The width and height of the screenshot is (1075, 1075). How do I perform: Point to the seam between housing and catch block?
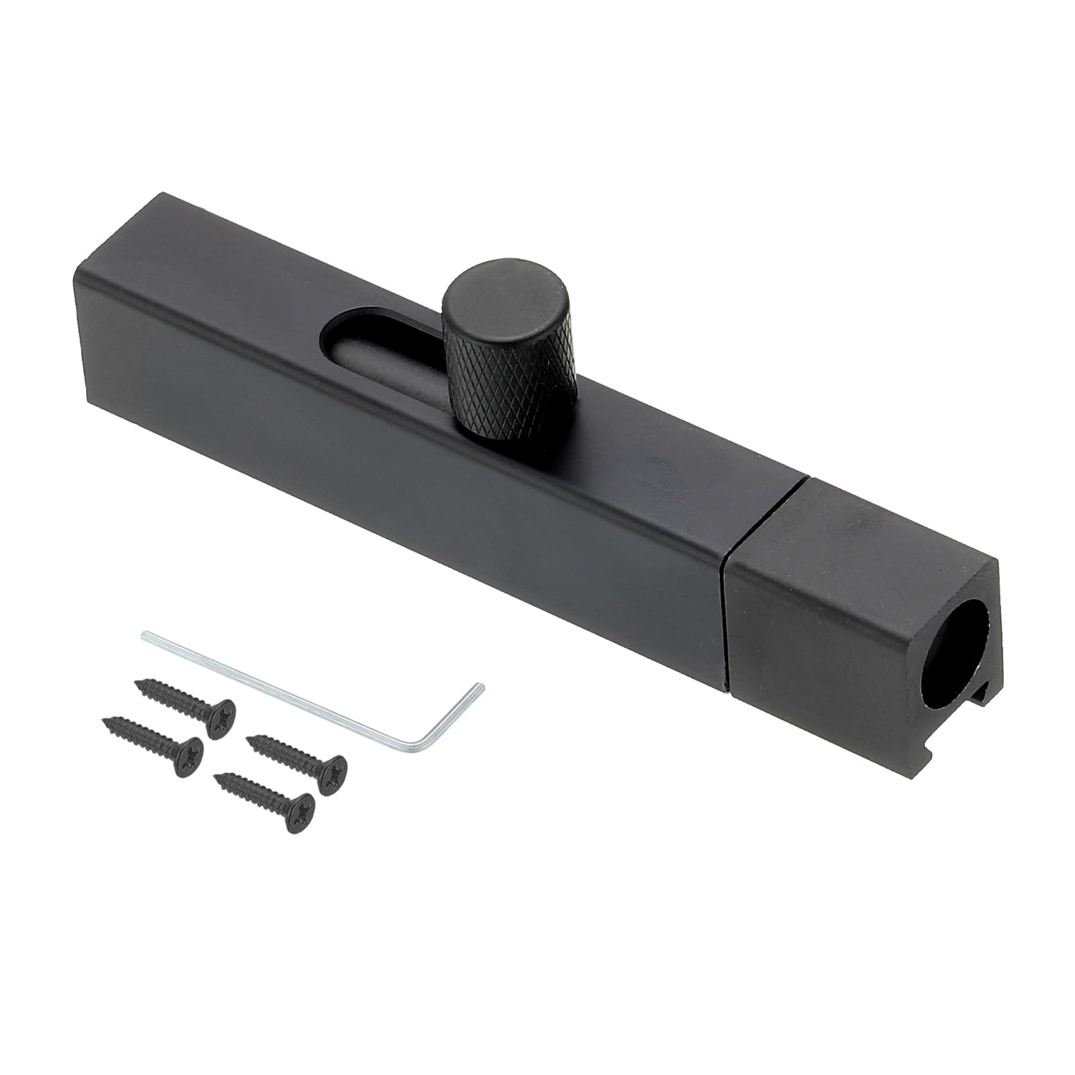[725, 591]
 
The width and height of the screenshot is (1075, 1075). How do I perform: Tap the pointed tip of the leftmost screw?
[104, 720]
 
